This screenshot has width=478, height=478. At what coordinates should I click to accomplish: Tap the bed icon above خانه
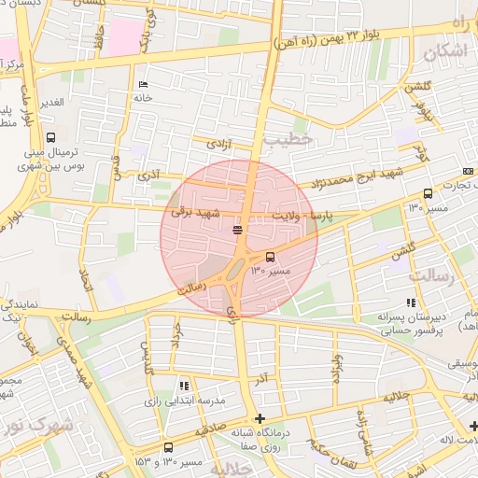tap(143, 84)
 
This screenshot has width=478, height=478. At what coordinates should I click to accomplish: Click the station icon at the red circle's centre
tap(238, 229)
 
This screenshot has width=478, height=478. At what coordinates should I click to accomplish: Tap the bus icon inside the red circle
tap(271, 257)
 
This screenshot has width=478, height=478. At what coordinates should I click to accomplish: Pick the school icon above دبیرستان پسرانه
tap(411, 302)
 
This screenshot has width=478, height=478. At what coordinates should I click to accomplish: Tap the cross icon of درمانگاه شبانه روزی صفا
tap(259, 418)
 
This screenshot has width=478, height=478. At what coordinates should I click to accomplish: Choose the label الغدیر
tap(50, 101)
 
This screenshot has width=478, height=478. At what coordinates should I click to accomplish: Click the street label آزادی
tap(218, 145)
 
